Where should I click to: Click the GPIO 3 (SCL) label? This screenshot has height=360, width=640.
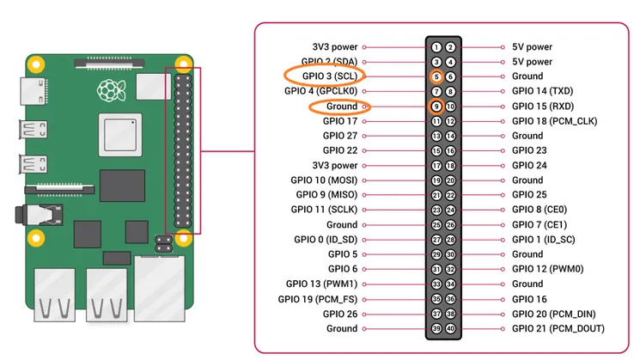coord(326,76)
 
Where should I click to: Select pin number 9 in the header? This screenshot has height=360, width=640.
coord(436,107)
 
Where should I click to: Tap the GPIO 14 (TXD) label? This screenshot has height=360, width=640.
coord(543,91)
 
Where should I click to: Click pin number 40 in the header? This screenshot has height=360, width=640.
coord(450,328)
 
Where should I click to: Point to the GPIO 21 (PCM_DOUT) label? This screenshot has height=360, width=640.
coord(558,328)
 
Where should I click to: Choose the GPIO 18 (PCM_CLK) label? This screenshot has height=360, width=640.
coord(554,121)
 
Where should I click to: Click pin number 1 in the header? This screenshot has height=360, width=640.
coord(436,47)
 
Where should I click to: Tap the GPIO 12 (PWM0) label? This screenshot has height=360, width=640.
coord(548,269)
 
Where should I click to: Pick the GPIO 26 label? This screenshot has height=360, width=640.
coord(340,314)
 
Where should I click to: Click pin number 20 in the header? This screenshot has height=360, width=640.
coord(450,180)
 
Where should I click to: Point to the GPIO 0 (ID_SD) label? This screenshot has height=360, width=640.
coord(326,240)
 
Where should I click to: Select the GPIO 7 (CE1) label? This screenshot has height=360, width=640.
coord(539,224)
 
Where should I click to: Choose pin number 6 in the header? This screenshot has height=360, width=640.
coord(450,76)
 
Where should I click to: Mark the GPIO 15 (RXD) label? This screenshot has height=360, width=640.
coord(543,107)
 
